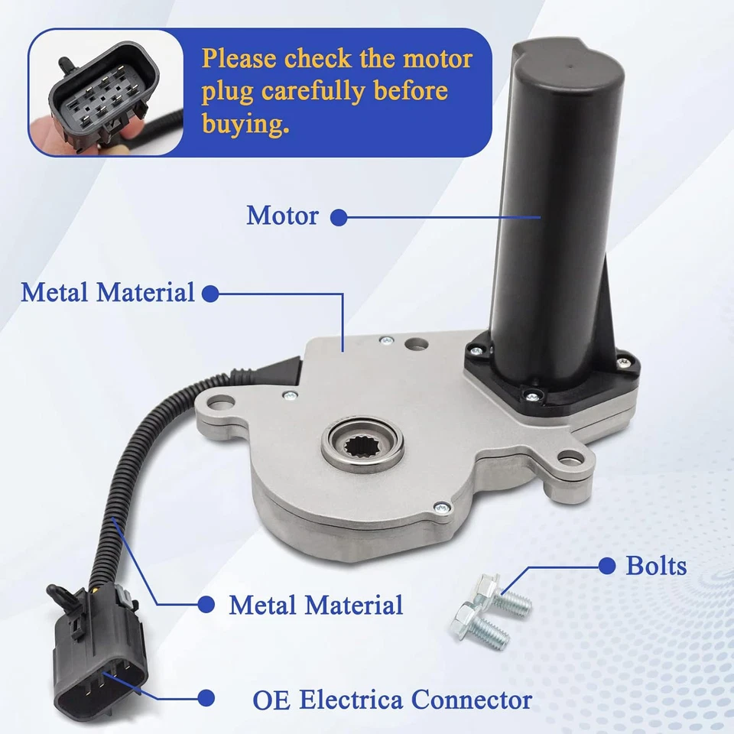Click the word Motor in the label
coord(282,216)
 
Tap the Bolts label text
coord(656,567)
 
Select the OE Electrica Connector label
coord(392,699)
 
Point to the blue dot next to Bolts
coord(607,567)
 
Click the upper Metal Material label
coord(108,293)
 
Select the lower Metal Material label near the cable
coord(316,606)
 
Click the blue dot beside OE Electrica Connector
coord(205,697)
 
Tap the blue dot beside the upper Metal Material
coord(209,294)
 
